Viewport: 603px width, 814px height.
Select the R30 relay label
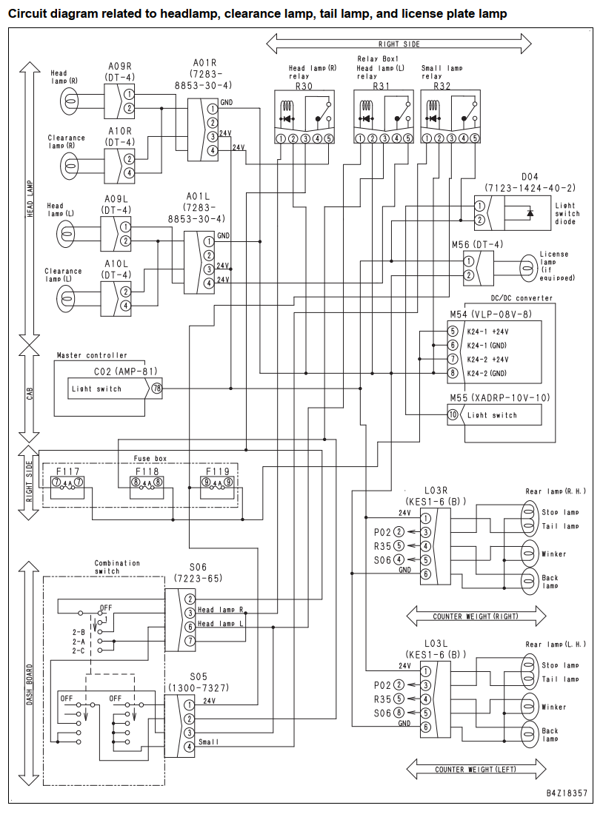[x=304, y=86]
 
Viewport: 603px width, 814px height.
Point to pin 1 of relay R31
[x=360, y=138]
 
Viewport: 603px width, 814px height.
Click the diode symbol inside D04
[x=530, y=213]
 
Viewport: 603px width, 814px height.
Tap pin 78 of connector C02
[x=156, y=388]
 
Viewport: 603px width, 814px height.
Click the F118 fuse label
[x=147, y=471]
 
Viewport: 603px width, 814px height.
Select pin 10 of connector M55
[x=453, y=415]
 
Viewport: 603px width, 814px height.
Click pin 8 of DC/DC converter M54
[x=453, y=373]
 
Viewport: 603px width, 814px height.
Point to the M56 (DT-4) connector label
[x=477, y=244]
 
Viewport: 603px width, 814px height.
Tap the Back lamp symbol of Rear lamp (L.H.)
[x=530, y=733]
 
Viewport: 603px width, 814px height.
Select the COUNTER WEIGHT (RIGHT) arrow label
[x=476, y=616]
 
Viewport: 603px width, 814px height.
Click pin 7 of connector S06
[x=190, y=640]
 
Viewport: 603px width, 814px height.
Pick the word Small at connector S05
[x=208, y=741]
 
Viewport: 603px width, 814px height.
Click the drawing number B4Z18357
[x=567, y=793]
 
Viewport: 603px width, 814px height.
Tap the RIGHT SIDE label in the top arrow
[x=399, y=44]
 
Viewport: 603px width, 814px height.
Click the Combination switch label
[x=117, y=567]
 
